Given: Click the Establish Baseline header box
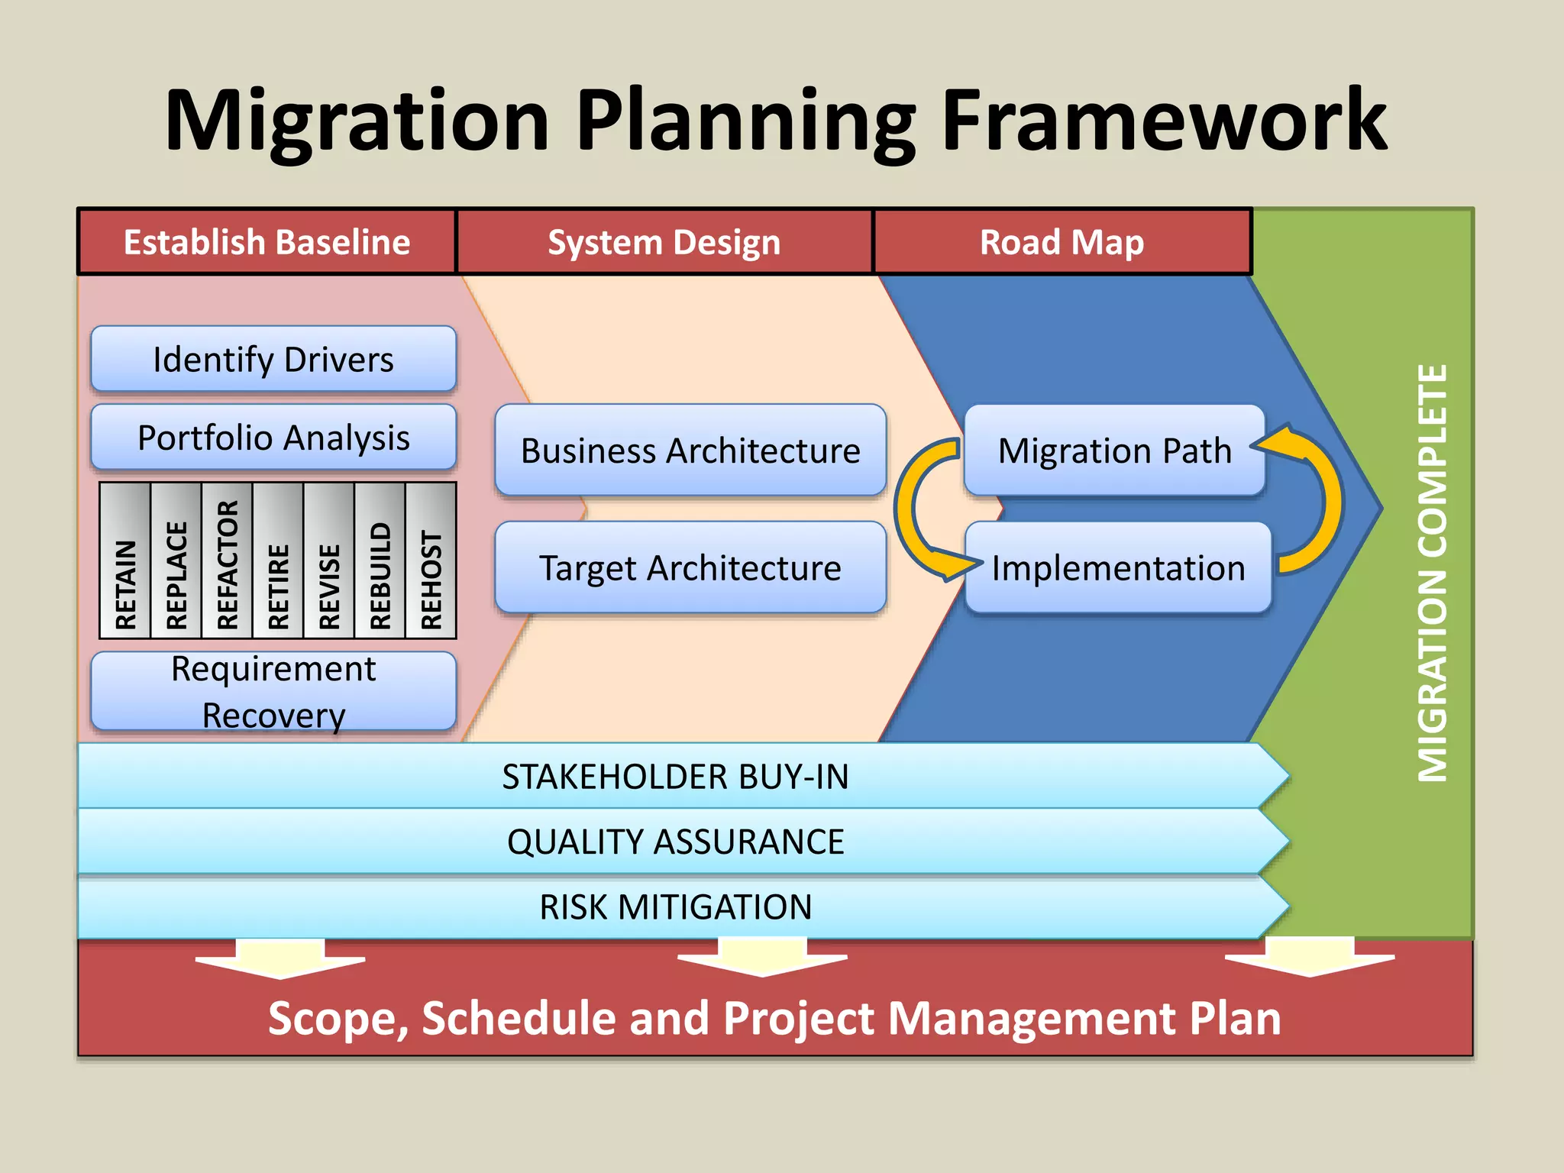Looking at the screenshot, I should pyautogui.click(x=267, y=242).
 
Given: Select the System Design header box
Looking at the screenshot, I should pyautogui.click(x=664, y=242).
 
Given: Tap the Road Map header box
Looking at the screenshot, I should pyautogui.click(x=1062, y=242).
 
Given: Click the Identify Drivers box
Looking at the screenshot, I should pyautogui.click(x=273, y=359).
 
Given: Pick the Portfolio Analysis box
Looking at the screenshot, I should pyautogui.click(x=273, y=438).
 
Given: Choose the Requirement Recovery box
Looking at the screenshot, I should pyautogui.click(x=273, y=691).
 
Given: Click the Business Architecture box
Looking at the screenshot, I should pyautogui.click(x=690, y=451).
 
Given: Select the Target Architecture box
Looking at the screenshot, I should pyautogui.click(x=690, y=567).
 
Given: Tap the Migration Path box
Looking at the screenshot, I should pyautogui.click(x=1114, y=451).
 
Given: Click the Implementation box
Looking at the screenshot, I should pyautogui.click(x=1118, y=567).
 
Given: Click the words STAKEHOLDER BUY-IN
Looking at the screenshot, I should pyautogui.click(x=675, y=777).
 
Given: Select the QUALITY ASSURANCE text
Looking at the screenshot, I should pyautogui.click(x=675, y=842).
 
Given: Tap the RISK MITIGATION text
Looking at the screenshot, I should pyautogui.click(x=675, y=907).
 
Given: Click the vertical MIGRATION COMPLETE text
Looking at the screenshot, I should pyautogui.click(x=1432, y=573).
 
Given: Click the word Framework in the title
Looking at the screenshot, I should pyautogui.click(x=1164, y=121).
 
